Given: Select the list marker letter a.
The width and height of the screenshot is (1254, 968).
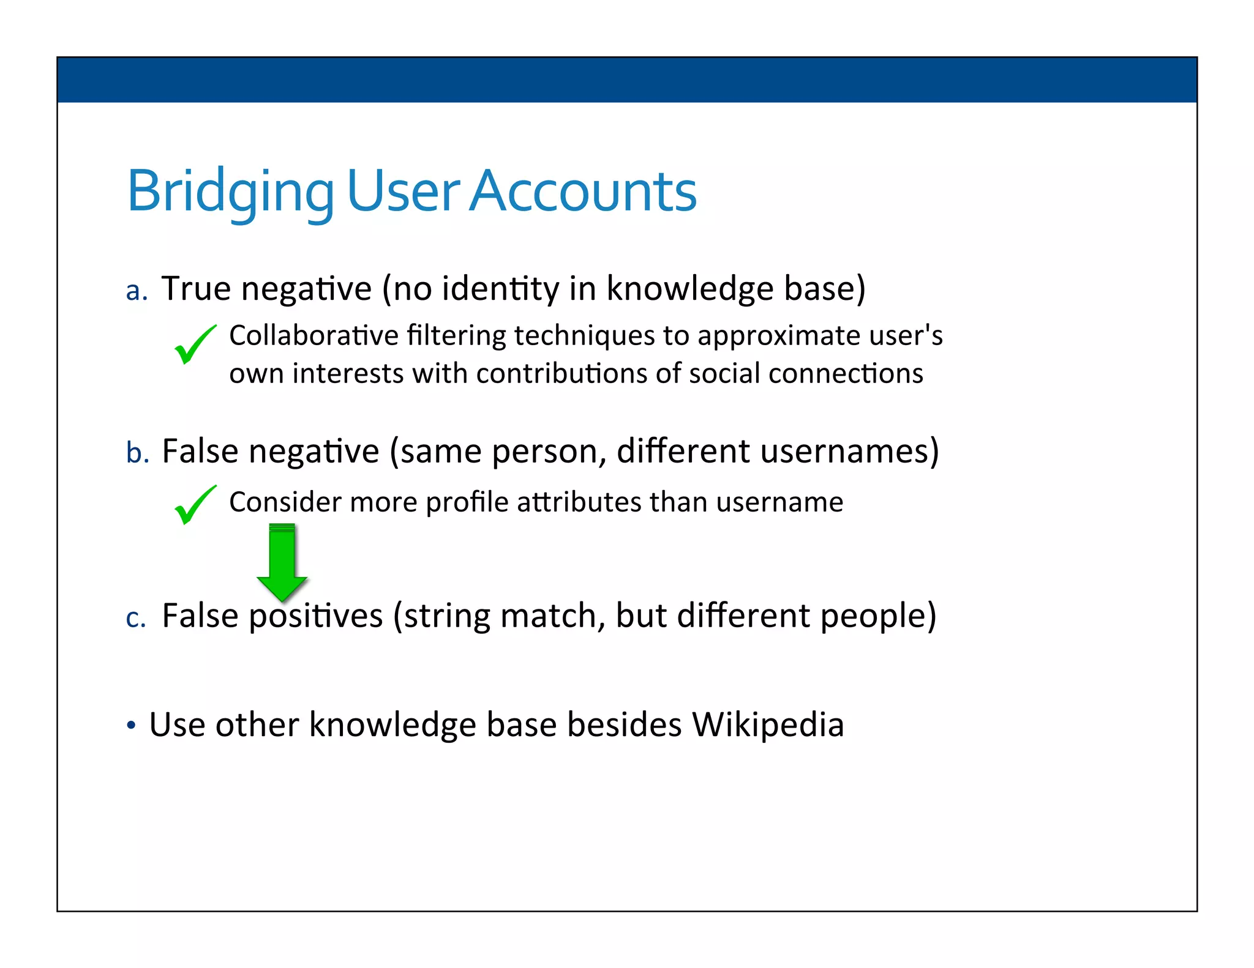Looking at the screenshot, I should tap(136, 291).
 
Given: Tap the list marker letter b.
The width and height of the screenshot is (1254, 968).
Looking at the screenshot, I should tap(137, 453).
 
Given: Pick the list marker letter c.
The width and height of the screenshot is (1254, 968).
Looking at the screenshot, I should tap(135, 617).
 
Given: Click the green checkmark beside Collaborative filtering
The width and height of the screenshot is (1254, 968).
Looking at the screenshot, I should tap(195, 344).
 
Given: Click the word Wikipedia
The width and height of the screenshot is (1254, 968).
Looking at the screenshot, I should tap(768, 725).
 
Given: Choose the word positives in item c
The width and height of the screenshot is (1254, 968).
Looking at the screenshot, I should tap(315, 616).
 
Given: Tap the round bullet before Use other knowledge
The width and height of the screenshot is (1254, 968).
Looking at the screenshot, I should tap(130, 726).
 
